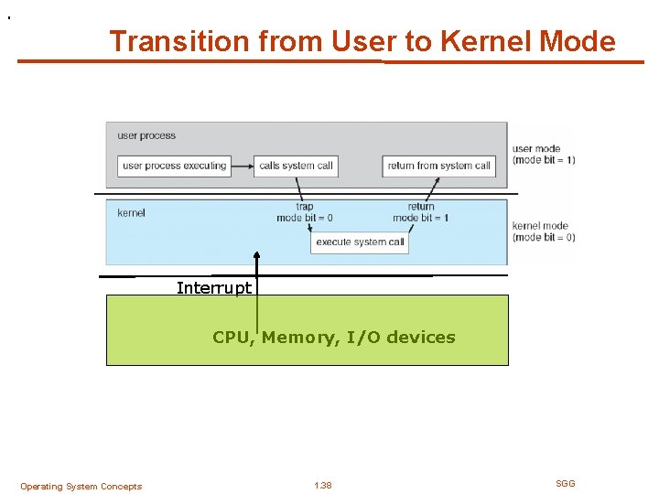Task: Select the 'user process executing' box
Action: [174, 166]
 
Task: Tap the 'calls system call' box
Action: [296, 166]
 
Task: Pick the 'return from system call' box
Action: [439, 166]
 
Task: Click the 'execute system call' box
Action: [360, 242]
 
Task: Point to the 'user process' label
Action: [146, 136]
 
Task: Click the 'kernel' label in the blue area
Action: [131, 213]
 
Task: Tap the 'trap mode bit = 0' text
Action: [304, 212]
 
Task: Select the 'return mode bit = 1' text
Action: [420, 212]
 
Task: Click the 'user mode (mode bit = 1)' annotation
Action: [544, 154]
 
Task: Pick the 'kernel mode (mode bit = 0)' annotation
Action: [544, 231]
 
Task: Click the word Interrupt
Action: [213, 288]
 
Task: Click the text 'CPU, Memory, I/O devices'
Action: [333, 338]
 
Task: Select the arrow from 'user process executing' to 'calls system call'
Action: [242, 166]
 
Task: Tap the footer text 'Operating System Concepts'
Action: [81, 487]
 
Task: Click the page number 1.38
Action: [322, 486]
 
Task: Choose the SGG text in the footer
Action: [566, 483]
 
